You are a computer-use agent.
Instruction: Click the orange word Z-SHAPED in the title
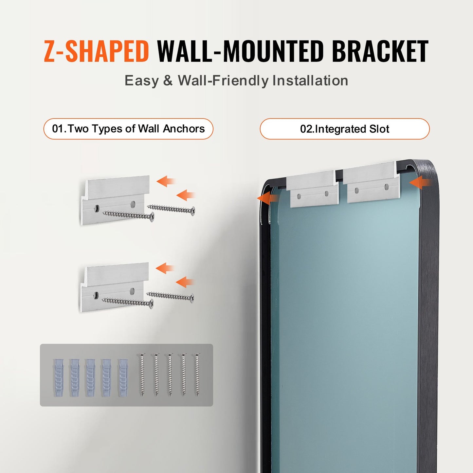[x=97, y=51]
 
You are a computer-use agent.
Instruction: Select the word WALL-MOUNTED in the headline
[x=241, y=51]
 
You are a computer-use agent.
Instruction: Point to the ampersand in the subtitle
[x=168, y=81]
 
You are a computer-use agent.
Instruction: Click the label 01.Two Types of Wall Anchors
[x=128, y=129]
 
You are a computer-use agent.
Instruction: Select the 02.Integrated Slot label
[x=345, y=129]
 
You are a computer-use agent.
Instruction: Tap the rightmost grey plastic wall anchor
[x=123, y=378]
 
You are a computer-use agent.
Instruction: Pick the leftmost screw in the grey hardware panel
[x=142, y=374]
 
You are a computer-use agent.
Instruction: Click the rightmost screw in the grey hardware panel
[x=197, y=374]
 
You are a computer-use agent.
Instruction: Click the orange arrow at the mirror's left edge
[x=268, y=198]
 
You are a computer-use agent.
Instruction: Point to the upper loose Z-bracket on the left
[x=115, y=200]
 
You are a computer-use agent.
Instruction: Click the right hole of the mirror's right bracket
[x=387, y=187]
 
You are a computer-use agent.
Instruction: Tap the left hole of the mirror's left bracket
[x=299, y=196]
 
